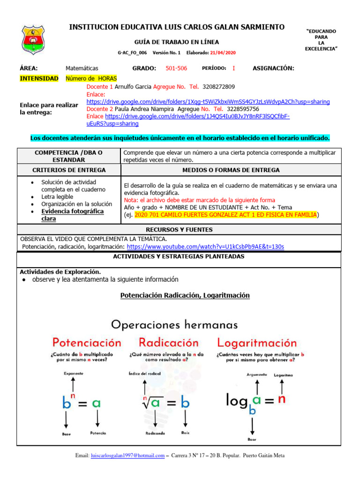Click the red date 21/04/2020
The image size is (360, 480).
coord(223,53)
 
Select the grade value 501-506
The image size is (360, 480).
coord(176,68)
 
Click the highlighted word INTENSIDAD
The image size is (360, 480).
coord(39,78)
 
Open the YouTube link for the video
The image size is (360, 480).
coord(205,247)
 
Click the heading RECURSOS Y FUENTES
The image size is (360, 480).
coord(179,230)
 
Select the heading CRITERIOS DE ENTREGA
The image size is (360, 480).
coord(68,170)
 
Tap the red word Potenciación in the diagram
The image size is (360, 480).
coord(87,344)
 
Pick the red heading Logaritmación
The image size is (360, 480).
coord(256,343)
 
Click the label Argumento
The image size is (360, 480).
coord(256,375)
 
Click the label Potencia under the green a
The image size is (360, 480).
coord(98,433)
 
